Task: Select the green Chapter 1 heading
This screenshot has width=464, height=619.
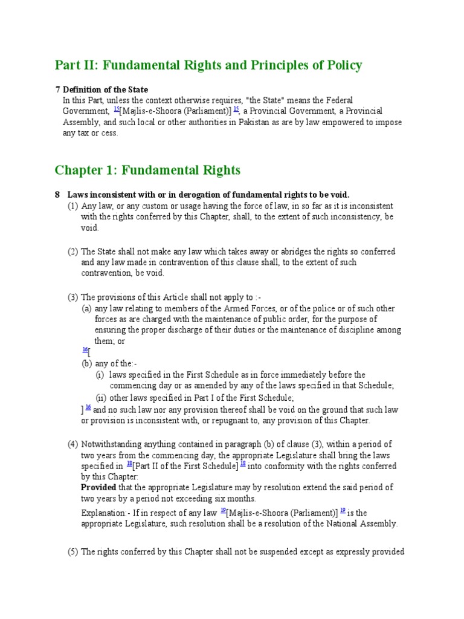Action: click(x=147, y=170)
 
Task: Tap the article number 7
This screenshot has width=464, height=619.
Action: click(x=57, y=89)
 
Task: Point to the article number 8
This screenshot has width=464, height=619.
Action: click(x=57, y=195)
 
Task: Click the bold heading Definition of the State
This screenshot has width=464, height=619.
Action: click(x=106, y=89)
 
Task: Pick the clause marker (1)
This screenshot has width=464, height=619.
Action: click(x=72, y=206)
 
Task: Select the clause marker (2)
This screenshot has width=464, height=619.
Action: click(x=72, y=251)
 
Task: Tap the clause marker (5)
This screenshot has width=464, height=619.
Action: click(x=72, y=552)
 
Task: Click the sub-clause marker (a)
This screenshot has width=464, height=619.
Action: click(x=87, y=308)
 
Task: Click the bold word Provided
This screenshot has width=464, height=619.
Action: click(x=98, y=487)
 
